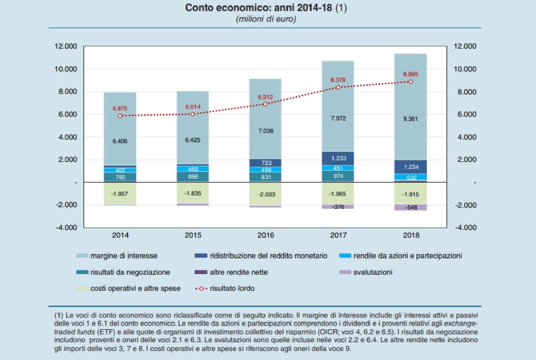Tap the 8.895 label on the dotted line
click(411, 73)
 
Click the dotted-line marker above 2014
click(120, 116)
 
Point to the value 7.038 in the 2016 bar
click(265, 131)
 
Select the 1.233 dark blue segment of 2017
click(338, 158)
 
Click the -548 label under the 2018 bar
click(411, 207)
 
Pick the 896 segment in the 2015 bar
click(193, 176)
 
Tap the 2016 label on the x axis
click(265, 235)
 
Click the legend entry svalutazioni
click(372, 272)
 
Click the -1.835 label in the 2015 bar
click(193, 193)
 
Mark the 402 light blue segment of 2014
click(120, 170)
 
